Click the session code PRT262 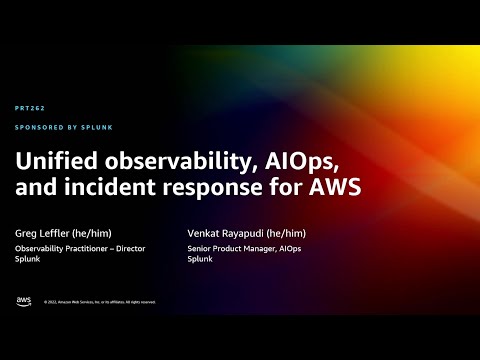click(x=30, y=108)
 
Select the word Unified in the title click(x=49, y=160)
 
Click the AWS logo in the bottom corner click(x=23, y=300)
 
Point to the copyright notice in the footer click(x=99, y=301)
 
